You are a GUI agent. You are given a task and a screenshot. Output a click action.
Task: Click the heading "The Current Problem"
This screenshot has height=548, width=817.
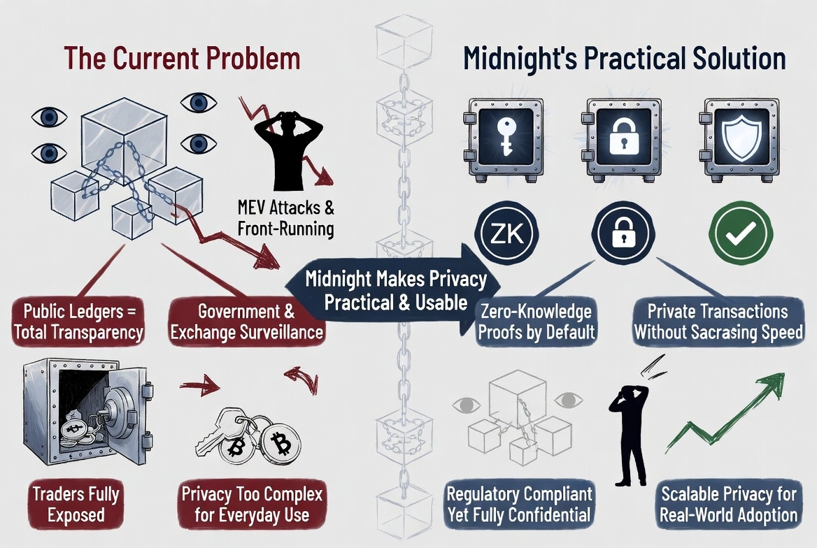[x=182, y=58]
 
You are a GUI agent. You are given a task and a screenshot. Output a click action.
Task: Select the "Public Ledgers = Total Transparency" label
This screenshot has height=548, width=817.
[x=78, y=322]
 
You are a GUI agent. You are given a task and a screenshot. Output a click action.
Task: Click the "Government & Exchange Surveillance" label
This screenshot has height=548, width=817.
[x=246, y=322]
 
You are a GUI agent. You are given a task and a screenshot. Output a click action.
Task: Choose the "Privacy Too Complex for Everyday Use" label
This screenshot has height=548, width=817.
[x=251, y=505]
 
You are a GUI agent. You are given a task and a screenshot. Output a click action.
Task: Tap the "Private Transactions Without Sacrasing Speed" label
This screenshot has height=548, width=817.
[x=718, y=322]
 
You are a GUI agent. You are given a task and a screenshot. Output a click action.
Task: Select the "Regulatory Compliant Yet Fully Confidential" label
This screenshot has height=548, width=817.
[x=519, y=505]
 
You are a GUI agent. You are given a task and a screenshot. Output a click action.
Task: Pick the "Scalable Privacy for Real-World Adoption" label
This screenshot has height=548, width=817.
[x=728, y=505]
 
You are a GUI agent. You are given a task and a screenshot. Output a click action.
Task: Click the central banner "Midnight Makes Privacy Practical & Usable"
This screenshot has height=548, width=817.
[x=395, y=291]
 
